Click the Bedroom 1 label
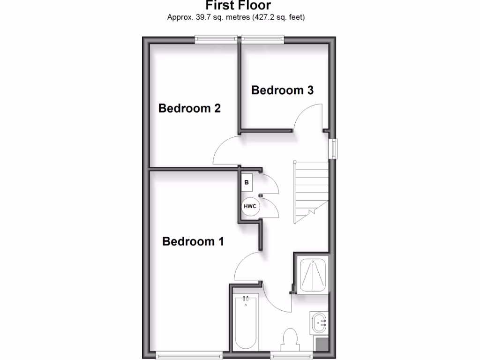click(x=193, y=242)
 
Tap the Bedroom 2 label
click(x=189, y=109)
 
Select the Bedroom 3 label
click(x=282, y=90)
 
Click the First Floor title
click(x=238, y=6)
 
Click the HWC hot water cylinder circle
click(x=249, y=206)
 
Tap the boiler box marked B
click(x=247, y=182)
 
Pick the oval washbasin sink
click(x=319, y=322)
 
